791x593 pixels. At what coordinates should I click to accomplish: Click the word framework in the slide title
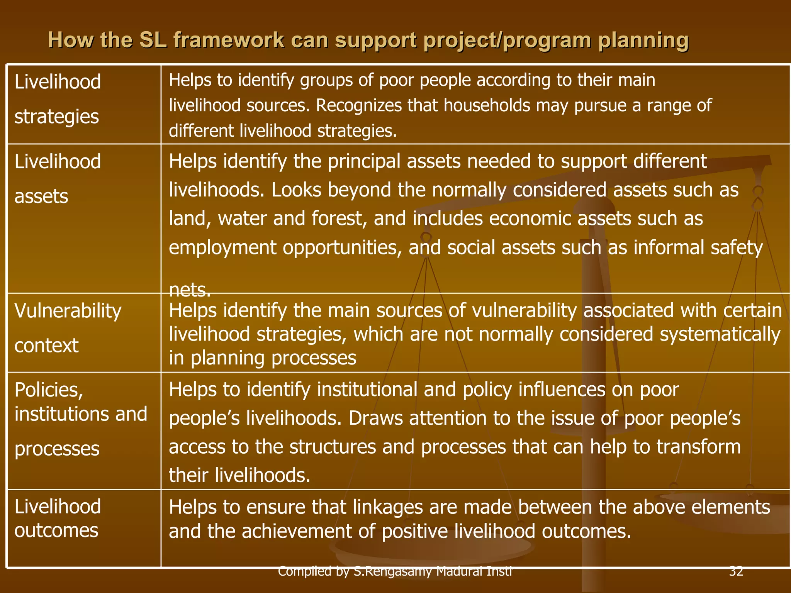[x=229, y=40]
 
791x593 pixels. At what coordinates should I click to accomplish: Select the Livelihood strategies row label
[x=58, y=99]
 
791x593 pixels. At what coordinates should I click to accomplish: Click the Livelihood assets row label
[x=58, y=178]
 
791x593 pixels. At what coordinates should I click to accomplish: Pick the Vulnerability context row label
[x=68, y=328]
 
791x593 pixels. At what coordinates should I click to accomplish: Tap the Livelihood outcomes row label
[x=58, y=518]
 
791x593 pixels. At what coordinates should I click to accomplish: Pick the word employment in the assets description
[x=222, y=248]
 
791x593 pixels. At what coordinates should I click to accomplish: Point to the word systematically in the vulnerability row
[x=720, y=334]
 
